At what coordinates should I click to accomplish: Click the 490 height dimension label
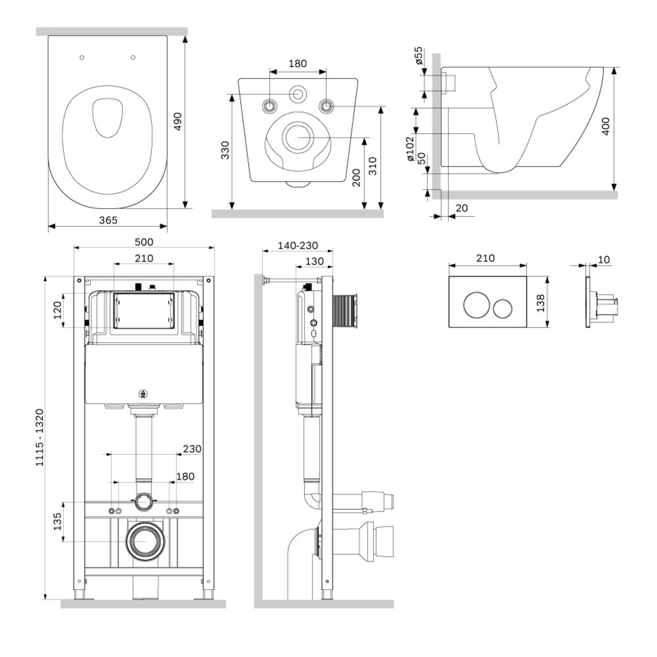click(x=177, y=121)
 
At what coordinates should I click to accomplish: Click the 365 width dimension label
click(x=108, y=220)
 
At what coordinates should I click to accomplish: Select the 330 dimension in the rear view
click(x=225, y=150)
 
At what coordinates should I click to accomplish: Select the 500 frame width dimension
click(x=144, y=242)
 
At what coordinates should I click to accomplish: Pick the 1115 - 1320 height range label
click(x=40, y=437)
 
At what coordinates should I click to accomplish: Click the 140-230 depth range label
click(x=298, y=246)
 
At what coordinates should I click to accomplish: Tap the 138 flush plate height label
click(x=540, y=303)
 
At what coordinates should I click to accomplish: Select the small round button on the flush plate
click(x=502, y=308)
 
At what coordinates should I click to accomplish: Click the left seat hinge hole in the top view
click(x=82, y=57)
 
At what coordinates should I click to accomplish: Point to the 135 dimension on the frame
click(x=57, y=521)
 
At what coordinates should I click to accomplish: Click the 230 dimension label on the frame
click(x=192, y=449)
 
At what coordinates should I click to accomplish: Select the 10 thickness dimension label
click(x=604, y=260)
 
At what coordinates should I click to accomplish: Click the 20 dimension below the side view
click(x=462, y=208)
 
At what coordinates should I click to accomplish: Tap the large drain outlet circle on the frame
click(x=146, y=541)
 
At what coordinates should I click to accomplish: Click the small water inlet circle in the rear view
click(x=298, y=94)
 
